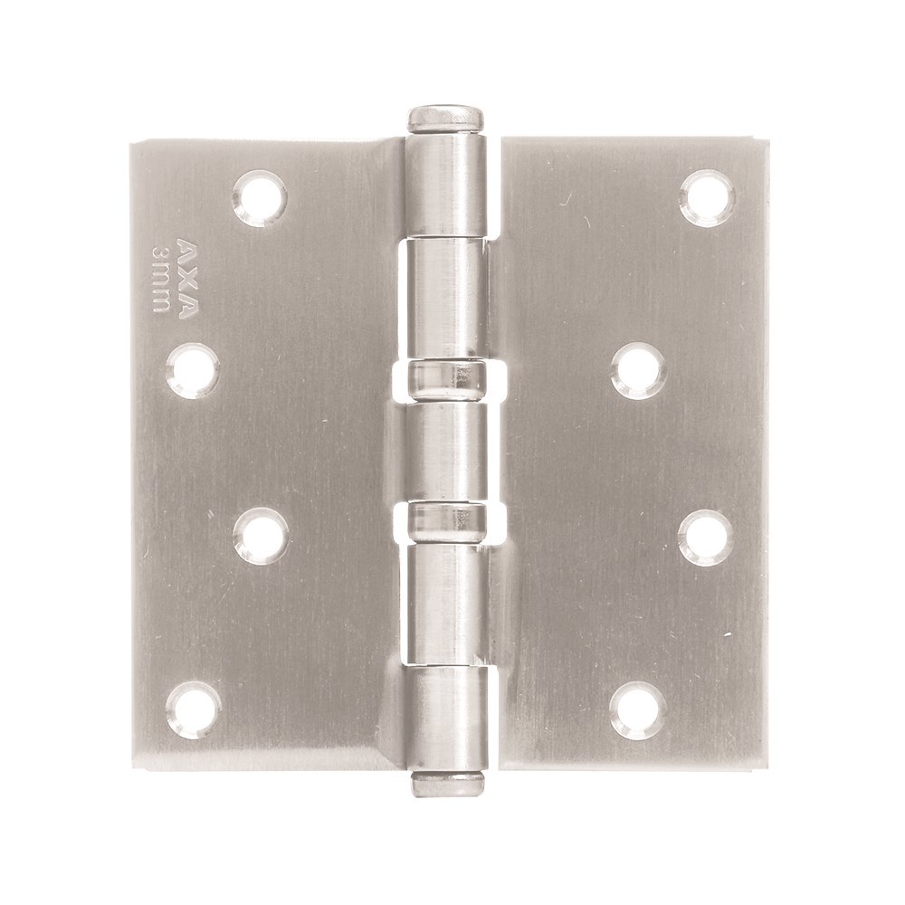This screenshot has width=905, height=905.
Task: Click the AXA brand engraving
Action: coord(185,279)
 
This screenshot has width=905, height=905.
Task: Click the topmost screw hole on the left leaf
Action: coord(260,197)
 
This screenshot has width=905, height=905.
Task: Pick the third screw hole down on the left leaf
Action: coord(261,537)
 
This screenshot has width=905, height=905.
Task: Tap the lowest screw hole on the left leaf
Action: coord(194,710)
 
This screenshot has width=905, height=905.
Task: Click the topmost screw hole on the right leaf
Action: coord(707,197)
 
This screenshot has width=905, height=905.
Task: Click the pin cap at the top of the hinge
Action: coord(444,119)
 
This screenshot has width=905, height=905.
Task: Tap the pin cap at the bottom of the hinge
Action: coord(447,784)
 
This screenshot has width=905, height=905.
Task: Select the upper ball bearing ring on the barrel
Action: coord(446,380)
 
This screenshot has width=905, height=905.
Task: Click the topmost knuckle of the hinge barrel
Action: coord(445,186)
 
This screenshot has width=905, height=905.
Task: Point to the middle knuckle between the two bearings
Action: coord(447,450)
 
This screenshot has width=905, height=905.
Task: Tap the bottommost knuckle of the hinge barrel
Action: coord(447,715)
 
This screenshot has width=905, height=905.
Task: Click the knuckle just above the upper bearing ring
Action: coord(446,299)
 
